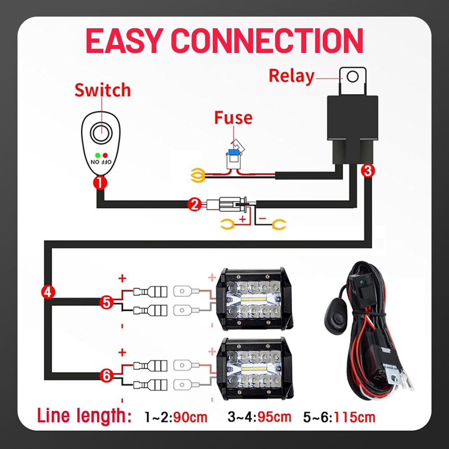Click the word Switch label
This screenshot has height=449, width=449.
coord(102,90)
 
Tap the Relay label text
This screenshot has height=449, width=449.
coord(291,76)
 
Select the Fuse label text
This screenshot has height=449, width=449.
coord(233,118)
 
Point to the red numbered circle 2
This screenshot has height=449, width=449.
coord(194,205)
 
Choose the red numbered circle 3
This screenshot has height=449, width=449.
coord(367,171)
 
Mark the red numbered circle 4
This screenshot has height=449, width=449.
coord(48,292)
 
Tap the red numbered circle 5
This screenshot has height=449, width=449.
coord(106,302)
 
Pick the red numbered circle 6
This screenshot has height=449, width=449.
coord(106,376)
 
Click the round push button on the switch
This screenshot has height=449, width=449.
coord(101,134)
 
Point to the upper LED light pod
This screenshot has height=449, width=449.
coord(255,298)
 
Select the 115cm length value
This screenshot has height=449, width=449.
coord(353,417)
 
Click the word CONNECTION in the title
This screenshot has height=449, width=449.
coord(268,41)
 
